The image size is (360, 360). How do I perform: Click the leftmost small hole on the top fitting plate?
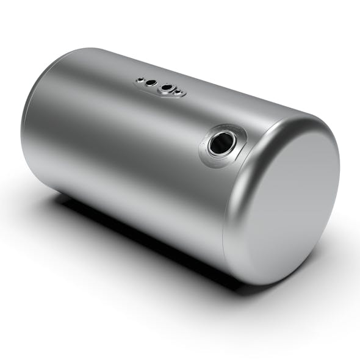point(140,79)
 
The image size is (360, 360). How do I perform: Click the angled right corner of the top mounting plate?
point(182,95)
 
